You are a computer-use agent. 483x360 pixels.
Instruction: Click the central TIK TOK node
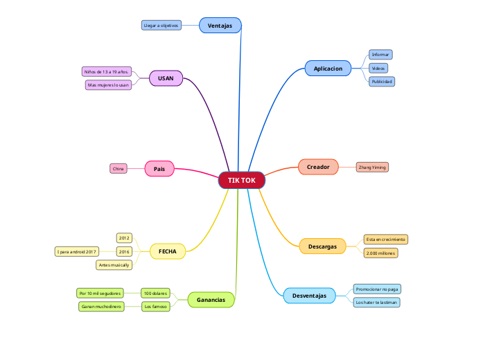(x=242, y=180)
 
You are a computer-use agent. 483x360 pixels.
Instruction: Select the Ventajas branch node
(x=220, y=26)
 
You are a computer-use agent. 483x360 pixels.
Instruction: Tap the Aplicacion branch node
(x=328, y=69)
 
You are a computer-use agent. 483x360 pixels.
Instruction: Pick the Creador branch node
(x=318, y=167)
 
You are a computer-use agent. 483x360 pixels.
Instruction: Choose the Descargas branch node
(x=322, y=246)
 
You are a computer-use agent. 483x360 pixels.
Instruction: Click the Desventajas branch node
(x=309, y=296)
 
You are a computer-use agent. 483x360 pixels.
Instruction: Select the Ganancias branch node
(x=211, y=300)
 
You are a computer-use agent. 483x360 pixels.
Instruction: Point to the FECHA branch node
(x=168, y=251)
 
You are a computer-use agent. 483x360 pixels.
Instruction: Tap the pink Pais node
(x=159, y=168)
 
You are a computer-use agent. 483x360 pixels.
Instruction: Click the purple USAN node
(x=166, y=78)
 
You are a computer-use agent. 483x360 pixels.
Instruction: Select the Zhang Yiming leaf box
(x=371, y=167)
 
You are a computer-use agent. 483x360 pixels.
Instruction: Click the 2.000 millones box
(x=380, y=253)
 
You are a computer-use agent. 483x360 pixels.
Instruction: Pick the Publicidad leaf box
(x=381, y=81)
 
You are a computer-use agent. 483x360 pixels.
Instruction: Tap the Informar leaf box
(x=380, y=54)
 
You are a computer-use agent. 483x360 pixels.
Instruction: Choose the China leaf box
(x=118, y=168)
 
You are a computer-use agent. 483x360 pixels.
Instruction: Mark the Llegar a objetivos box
(x=161, y=25)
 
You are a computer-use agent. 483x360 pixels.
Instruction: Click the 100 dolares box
(x=155, y=293)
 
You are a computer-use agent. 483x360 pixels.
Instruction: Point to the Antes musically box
(x=114, y=265)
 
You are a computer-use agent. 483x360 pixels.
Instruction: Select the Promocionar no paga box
(x=377, y=289)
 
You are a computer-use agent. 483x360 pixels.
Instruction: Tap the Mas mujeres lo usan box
(x=108, y=84)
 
